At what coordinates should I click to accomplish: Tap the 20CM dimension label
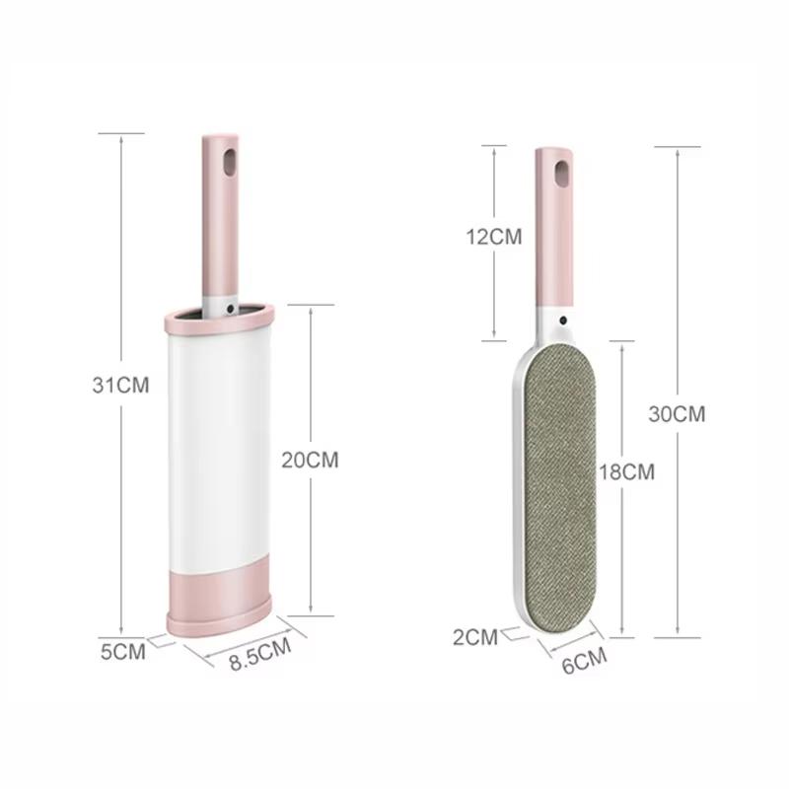coord(310,459)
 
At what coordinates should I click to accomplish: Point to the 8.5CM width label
coord(259,654)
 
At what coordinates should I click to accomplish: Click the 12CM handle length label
coord(494,236)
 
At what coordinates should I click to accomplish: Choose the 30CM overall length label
coord(677,414)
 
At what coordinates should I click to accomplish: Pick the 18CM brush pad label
coord(626,471)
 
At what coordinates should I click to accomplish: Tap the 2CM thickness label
coord(475,636)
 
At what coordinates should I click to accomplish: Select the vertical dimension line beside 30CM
coord(678,296)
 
